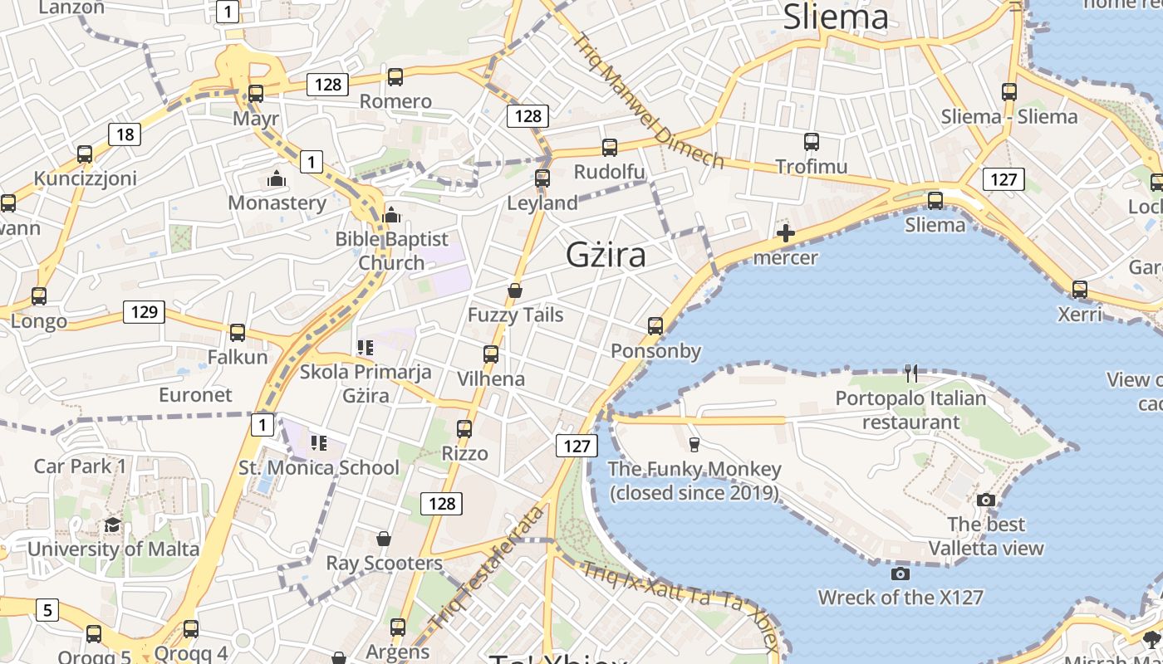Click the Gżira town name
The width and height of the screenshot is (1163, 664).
click(x=606, y=255)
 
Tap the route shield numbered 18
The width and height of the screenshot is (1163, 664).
click(x=125, y=134)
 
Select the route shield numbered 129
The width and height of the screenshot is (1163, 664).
click(x=145, y=312)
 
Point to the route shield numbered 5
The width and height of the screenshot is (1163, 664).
click(x=47, y=610)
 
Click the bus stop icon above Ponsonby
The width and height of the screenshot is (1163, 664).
click(x=655, y=326)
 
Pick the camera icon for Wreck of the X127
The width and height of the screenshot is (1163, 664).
click(x=900, y=574)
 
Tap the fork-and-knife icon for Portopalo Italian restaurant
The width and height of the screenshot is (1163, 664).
click(x=911, y=373)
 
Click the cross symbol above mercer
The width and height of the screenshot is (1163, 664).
click(x=785, y=233)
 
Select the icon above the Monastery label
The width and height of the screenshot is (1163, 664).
click(x=277, y=178)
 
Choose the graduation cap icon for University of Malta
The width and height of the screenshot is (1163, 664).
click(x=112, y=525)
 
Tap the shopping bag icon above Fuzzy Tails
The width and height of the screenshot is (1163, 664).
click(x=515, y=290)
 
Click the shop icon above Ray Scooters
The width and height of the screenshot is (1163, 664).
click(x=383, y=539)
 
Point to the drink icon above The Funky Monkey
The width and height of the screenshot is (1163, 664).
click(x=694, y=444)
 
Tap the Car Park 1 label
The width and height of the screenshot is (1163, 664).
click(x=80, y=466)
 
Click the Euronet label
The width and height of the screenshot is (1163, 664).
click(x=195, y=394)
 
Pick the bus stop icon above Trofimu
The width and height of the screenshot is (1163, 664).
click(x=812, y=142)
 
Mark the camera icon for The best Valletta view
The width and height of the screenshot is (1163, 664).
click(x=986, y=500)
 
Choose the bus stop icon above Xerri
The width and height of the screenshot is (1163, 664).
click(x=1079, y=290)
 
